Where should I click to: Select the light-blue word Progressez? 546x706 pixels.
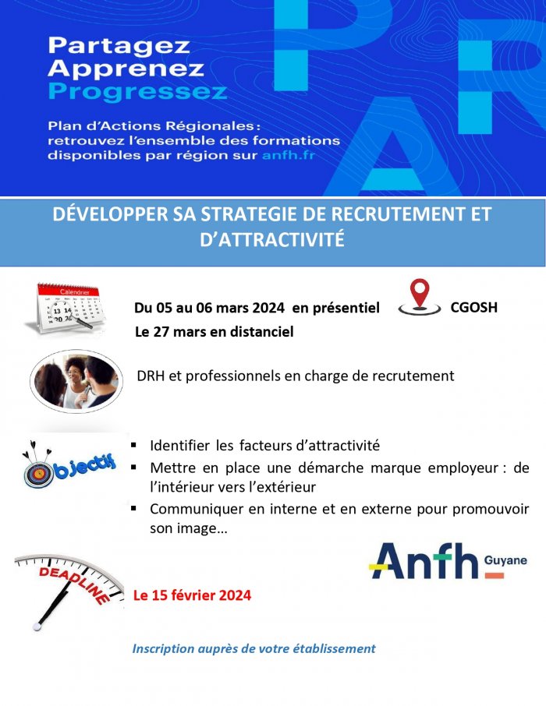137,91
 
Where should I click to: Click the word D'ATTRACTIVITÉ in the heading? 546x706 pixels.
272,240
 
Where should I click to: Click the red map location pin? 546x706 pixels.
420,297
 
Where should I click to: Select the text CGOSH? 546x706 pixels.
473,308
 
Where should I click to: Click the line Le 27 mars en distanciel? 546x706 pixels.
214,332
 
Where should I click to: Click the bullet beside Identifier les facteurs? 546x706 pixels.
134,445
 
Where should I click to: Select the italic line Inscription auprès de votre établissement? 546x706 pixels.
253,648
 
